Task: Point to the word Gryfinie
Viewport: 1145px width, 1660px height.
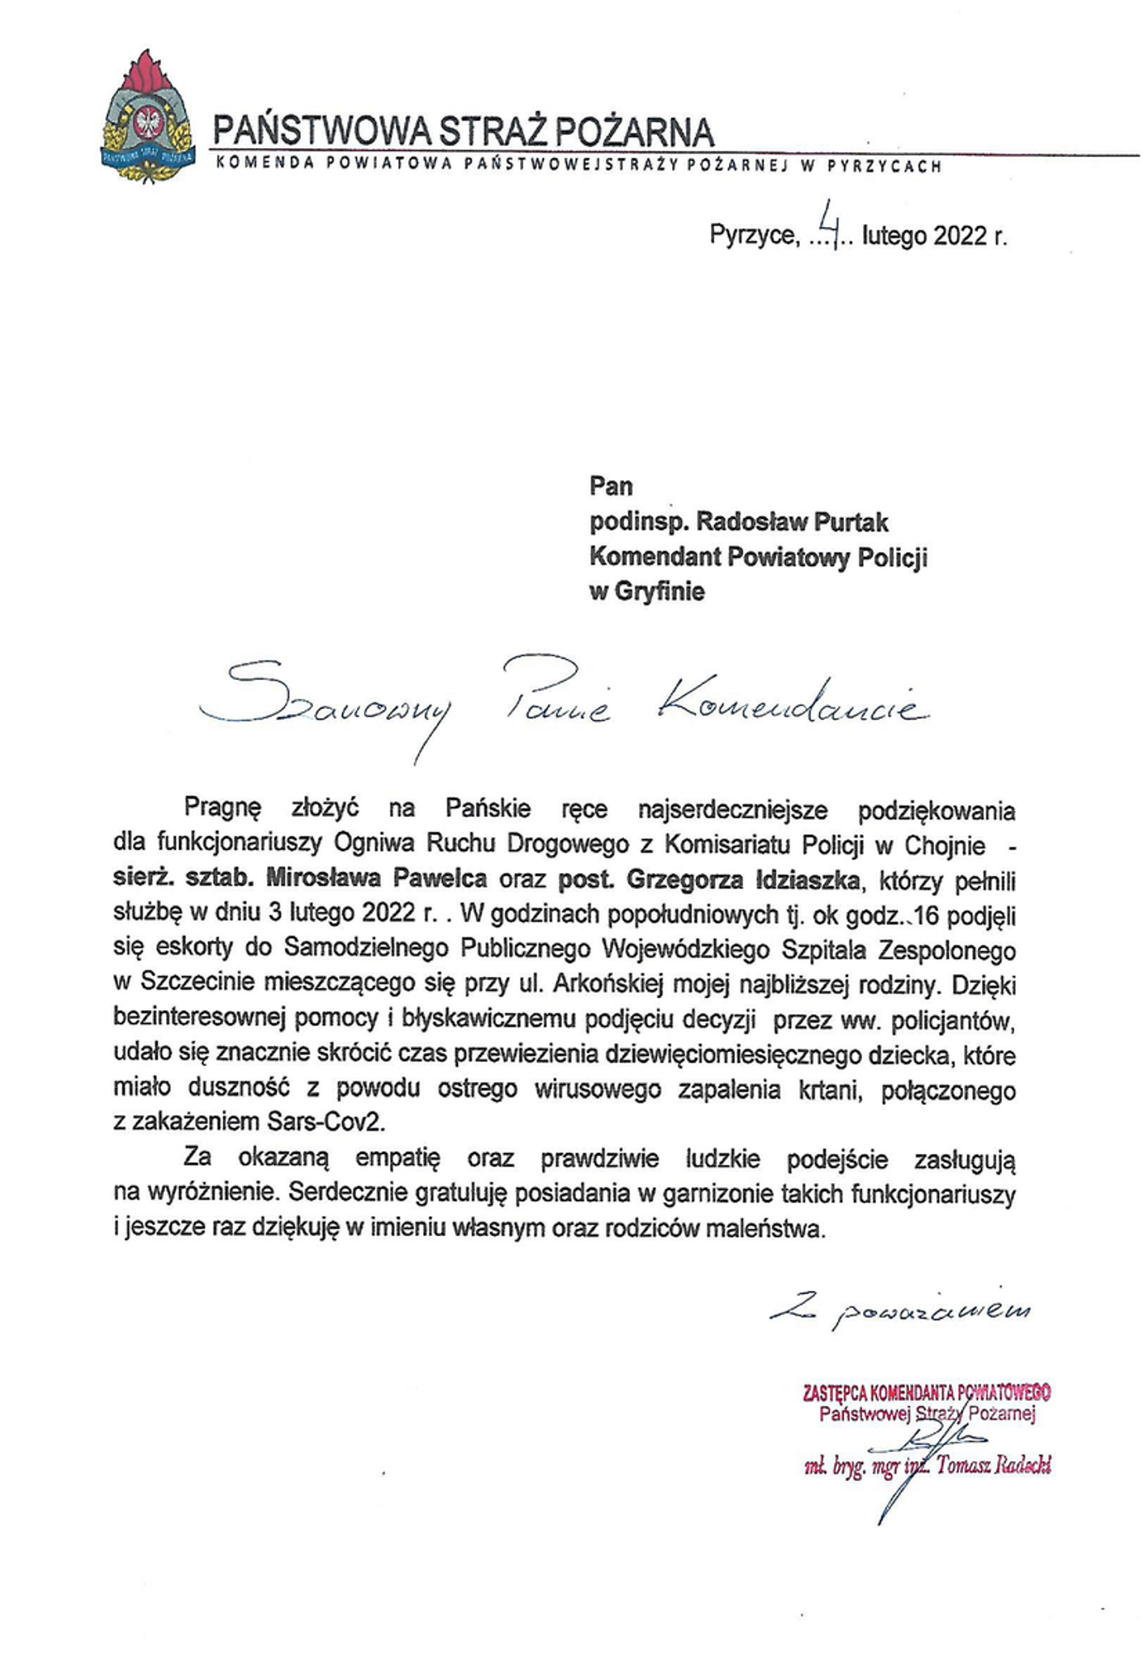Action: pos(658,592)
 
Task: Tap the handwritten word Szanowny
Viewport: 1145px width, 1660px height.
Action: pos(329,704)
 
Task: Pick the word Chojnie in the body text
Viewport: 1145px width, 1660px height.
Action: pos(945,845)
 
